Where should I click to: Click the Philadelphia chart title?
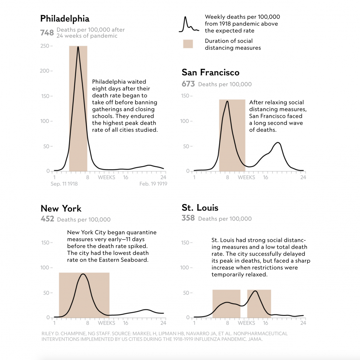click(65, 18)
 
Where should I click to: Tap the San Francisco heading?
click(210, 72)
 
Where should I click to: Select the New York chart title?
click(61, 208)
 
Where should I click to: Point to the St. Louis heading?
click(200, 208)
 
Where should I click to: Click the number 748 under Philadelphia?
click(47, 33)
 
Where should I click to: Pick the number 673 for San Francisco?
click(188, 84)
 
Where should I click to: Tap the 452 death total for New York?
click(47, 219)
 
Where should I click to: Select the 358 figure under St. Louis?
click(188, 218)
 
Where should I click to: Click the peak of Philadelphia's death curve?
click(78, 47)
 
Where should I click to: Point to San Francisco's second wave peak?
click(277, 143)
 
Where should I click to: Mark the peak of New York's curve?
click(83, 274)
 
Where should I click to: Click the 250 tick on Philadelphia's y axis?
click(45, 46)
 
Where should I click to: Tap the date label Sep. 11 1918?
click(64, 184)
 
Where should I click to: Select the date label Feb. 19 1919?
click(153, 184)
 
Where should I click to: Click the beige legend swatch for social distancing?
click(188, 44)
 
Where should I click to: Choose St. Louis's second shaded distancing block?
click(259, 303)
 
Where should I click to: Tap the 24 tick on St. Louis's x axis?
click(303, 323)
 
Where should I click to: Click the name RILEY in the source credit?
click(49, 334)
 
